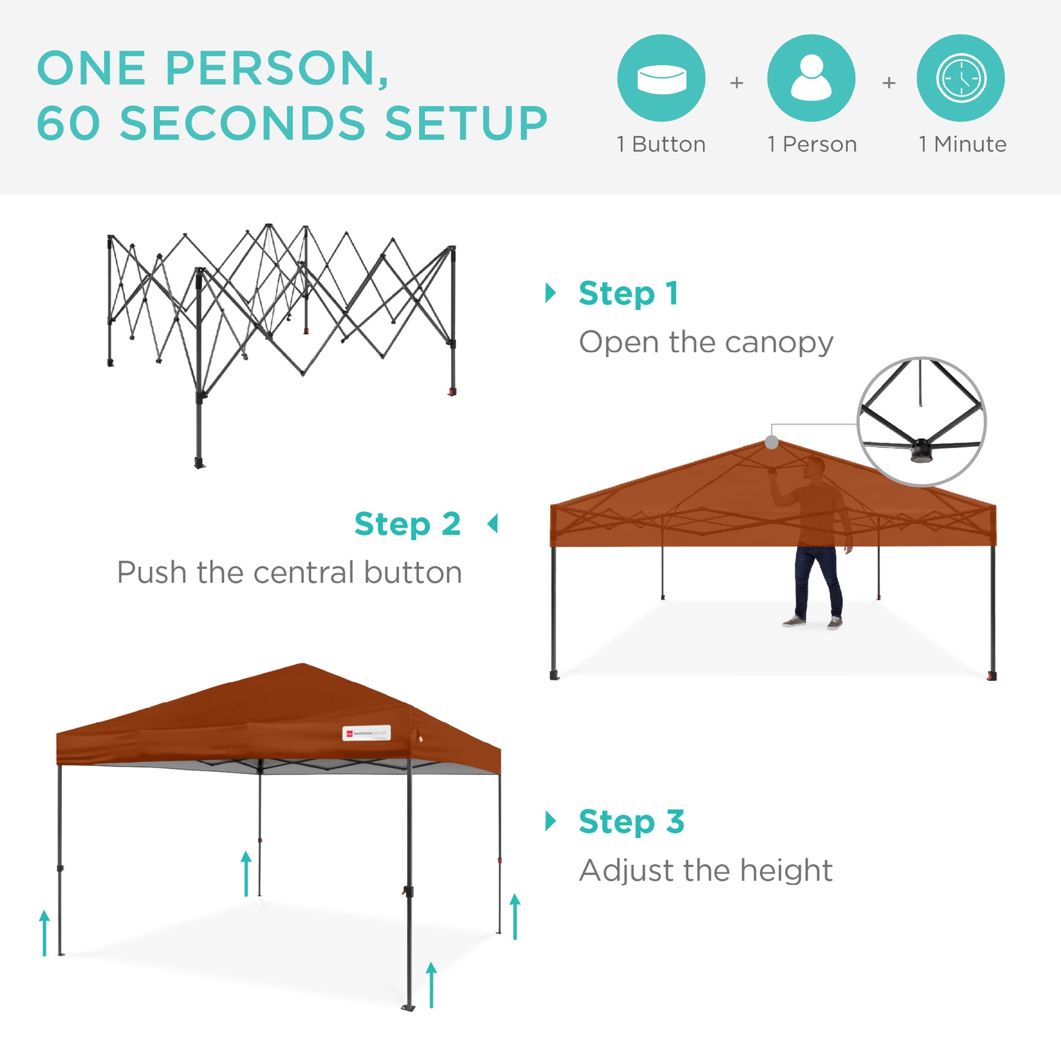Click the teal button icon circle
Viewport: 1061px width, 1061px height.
[x=661, y=78]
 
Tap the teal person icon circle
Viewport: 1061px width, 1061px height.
[x=811, y=78]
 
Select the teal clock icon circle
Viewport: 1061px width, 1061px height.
[x=961, y=78]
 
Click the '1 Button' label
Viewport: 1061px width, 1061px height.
[x=661, y=144]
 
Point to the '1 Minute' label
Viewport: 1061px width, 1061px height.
[x=963, y=144]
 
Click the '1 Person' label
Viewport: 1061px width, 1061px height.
[x=812, y=144]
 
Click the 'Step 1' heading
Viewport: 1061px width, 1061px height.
[x=628, y=293]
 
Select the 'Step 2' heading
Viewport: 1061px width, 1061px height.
[x=407, y=524]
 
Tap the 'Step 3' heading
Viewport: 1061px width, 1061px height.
[x=631, y=822]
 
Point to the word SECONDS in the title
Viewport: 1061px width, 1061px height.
[x=242, y=123]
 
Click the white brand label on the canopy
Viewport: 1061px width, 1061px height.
[x=366, y=733]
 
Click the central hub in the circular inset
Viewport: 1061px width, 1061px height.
[x=921, y=450]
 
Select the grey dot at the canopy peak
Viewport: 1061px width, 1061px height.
[x=771, y=442]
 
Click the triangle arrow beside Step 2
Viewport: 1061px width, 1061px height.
[x=493, y=524]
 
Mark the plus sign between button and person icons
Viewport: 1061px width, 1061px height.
[x=736, y=83]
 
